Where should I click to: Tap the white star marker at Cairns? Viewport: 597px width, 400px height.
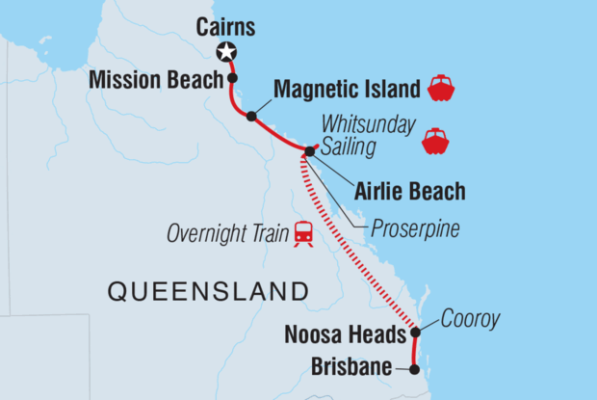click(227, 52)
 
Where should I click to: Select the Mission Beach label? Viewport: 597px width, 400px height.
click(156, 80)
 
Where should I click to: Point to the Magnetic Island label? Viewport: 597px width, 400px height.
click(347, 90)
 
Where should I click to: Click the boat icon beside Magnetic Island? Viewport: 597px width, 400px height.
click(440, 89)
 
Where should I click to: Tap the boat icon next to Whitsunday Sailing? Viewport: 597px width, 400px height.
click(435, 141)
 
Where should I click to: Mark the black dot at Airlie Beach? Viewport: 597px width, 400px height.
click(309, 151)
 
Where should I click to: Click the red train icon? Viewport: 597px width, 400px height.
click(303, 233)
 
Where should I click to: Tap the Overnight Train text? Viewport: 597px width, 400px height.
click(226, 233)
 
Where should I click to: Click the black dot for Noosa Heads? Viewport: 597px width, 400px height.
click(415, 333)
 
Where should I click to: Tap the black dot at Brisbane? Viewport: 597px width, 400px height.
click(415, 368)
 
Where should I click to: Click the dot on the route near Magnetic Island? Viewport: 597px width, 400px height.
click(251, 117)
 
